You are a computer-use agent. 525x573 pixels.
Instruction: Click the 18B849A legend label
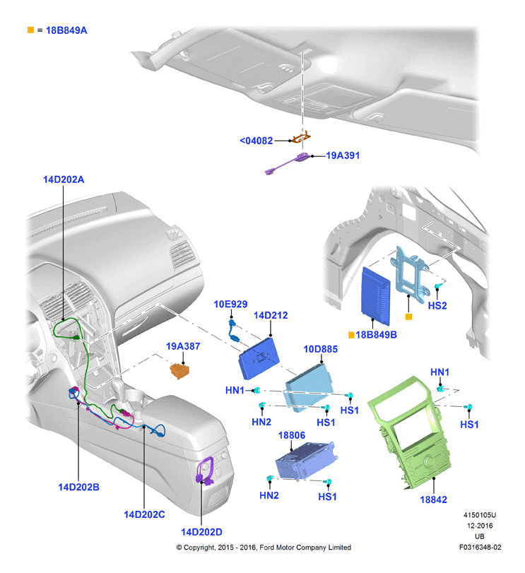click(x=66, y=30)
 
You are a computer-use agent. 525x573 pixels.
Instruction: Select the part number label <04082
click(x=256, y=141)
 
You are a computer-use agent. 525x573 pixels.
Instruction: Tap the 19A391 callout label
click(x=343, y=155)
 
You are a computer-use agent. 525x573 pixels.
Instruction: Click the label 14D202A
click(x=64, y=179)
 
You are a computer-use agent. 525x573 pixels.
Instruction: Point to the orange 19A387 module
click(x=179, y=370)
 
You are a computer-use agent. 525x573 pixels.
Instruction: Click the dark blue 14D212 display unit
click(x=259, y=358)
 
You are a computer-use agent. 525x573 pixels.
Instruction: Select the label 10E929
click(x=230, y=304)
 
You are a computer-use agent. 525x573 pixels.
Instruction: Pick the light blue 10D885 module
click(x=309, y=388)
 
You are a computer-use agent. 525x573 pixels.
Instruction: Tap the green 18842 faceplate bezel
click(x=409, y=433)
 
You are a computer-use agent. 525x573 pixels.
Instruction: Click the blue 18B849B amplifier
click(x=376, y=296)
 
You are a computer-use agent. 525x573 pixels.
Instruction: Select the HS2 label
click(x=437, y=305)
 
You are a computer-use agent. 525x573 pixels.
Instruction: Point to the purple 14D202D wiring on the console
click(x=206, y=471)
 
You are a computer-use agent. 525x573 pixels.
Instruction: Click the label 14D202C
click(x=144, y=514)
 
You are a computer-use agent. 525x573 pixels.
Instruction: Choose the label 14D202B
click(x=78, y=487)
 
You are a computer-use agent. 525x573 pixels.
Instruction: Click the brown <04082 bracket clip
click(x=300, y=138)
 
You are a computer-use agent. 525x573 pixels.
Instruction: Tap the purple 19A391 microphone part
click(x=288, y=163)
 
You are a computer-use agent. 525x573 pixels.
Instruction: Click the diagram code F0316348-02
click(x=480, y=547)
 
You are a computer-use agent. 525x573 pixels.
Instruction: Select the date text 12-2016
click(x=480, y=526)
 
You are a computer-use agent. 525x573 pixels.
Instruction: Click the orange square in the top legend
click(x=30, y=30)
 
